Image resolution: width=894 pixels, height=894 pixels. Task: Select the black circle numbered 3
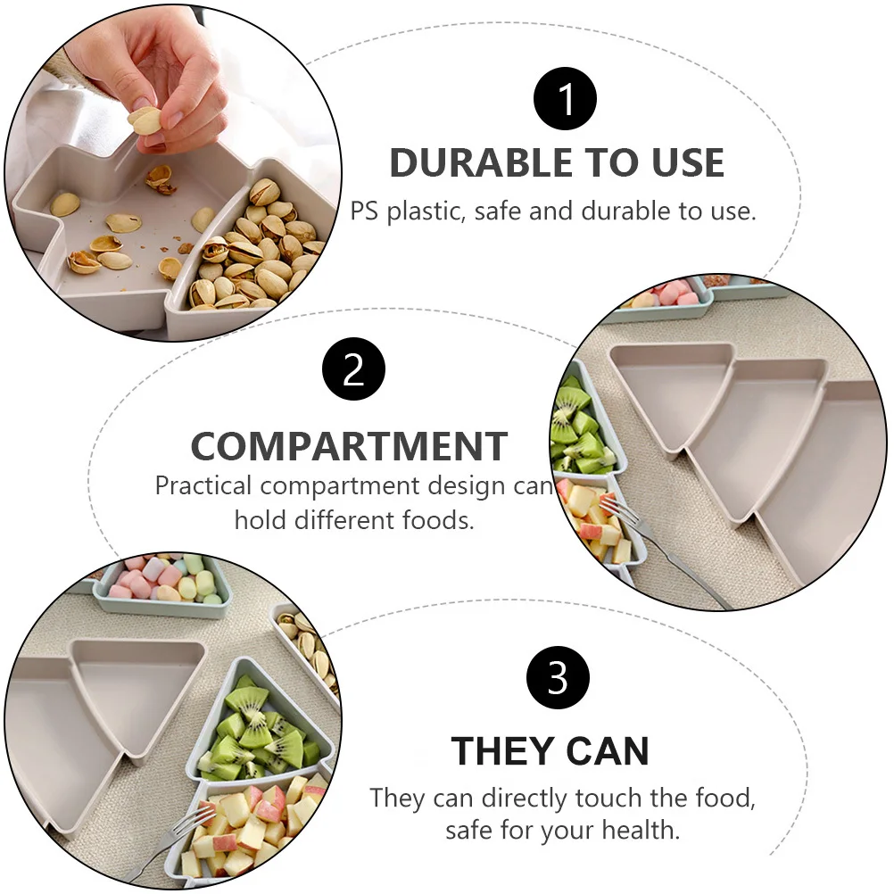pos(558,679)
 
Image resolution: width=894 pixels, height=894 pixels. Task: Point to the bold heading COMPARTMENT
pos(349,445)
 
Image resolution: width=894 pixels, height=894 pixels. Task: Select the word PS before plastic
pos(364,211)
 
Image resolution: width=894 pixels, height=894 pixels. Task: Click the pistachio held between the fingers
pos(144,120)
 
